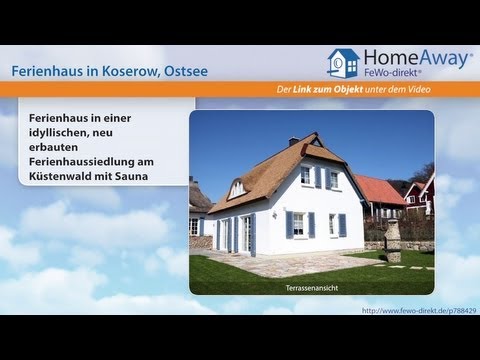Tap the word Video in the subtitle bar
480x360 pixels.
(447, 92)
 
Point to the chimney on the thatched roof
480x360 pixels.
(293, 141)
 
